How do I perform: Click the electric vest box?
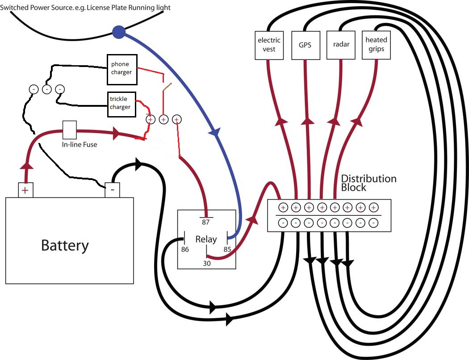pyautogui.click(x=269, y=45)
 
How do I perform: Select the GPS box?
pyautogui.click(x=305, y=45)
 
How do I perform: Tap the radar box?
pyautogui.click(x=341, y=45)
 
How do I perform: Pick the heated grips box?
pyautogui.click(x=376, y=44)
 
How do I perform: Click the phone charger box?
pyautogui.click(x=121, y=69)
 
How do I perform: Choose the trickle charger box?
pyautogui.click(x=121, y=104)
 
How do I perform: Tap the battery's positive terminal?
pyautogui.click(x=25, y=190)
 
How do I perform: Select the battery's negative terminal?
pyautogui.click(x=112, y=190)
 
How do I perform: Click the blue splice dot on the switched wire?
pyautogui.click(x=118, y=32)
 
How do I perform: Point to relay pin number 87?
pyautogui.click(x=206, y=222)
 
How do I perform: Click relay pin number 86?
pyautogui.click(x=184, y=249)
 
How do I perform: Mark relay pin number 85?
pyautogui.click(x=227, y=249)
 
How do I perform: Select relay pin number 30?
pyautogui.click(x=206, y=264)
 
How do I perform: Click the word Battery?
pyautogui.click(x=65, y=245)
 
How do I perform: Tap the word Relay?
pyautogui.click(x=206, y=239)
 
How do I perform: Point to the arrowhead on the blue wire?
pyautogui.click(x=215, y=132)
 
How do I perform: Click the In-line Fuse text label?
pyautogui.click(x=79, y=145)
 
